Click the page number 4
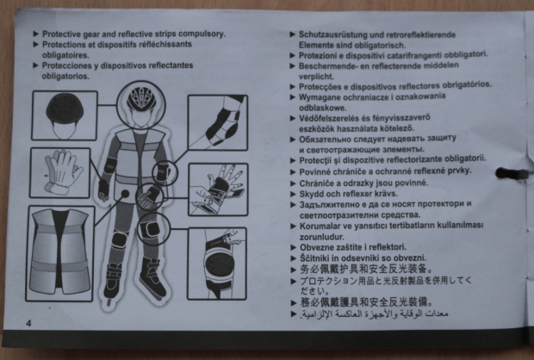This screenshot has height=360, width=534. (x=28, y=323)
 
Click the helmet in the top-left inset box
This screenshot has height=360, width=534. (x=65, y=109)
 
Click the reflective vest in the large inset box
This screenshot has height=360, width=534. (x=60, y=252)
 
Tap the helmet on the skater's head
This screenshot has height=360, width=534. (x=141, y=99)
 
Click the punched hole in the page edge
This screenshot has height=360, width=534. (x=510, y=173)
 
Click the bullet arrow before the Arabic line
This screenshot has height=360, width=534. (x=294, y=313)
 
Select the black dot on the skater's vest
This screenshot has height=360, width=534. (x=126, y=194)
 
